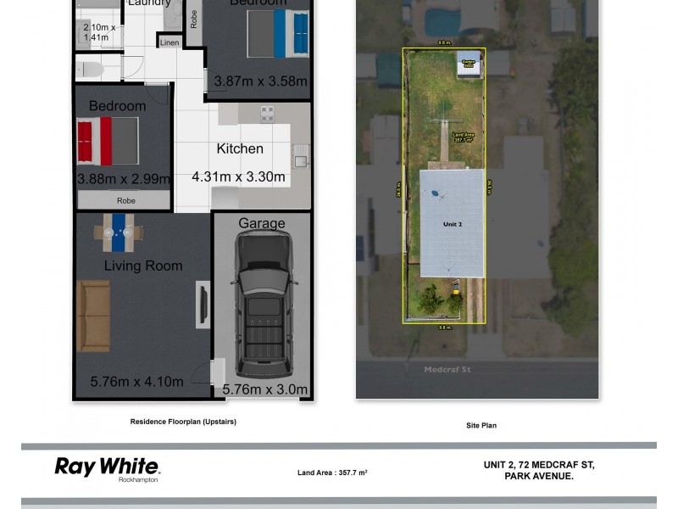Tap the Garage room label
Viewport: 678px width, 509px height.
point(261,224)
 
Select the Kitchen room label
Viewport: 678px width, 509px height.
point(240,149)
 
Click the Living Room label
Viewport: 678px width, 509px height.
point(143,266)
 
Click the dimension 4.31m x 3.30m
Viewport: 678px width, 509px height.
point(239,178)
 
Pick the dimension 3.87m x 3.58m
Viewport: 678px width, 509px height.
point(260,82)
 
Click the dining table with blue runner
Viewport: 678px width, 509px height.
point(119,232)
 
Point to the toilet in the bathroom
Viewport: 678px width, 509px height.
point(90,69)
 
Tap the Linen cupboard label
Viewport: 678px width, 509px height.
point(169,42)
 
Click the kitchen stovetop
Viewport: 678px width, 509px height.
point(266,113)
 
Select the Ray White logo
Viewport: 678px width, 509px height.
point(107,467)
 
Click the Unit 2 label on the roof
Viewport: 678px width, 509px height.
point(453,225)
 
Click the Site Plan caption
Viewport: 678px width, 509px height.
point(481,425)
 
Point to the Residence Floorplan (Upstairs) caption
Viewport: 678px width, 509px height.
point(183,422)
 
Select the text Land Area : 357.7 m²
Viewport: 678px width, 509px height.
point(332,473)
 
